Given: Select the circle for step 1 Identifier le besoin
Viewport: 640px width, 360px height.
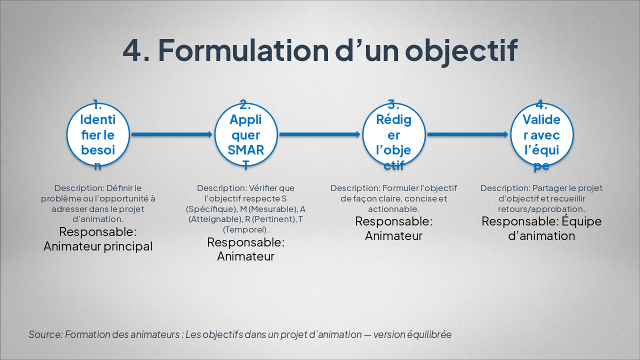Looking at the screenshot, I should point(98,134).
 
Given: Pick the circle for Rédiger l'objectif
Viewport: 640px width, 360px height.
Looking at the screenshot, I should point(394,134).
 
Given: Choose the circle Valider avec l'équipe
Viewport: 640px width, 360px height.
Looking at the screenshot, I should point(541,134).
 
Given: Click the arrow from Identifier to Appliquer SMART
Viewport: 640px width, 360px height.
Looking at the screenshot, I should point(171,134).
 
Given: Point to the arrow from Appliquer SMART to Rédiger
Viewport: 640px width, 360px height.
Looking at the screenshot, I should point(319,134).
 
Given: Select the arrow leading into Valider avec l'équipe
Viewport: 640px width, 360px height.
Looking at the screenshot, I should point(467,134).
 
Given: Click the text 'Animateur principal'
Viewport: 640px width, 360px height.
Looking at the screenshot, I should point(98,246).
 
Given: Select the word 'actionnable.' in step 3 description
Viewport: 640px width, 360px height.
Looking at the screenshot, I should point(393,209).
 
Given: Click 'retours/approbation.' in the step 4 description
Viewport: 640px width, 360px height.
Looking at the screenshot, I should point(541,209).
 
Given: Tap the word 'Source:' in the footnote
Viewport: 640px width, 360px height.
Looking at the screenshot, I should point(45,334).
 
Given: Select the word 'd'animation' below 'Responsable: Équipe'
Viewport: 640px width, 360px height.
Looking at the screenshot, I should point(541,235).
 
